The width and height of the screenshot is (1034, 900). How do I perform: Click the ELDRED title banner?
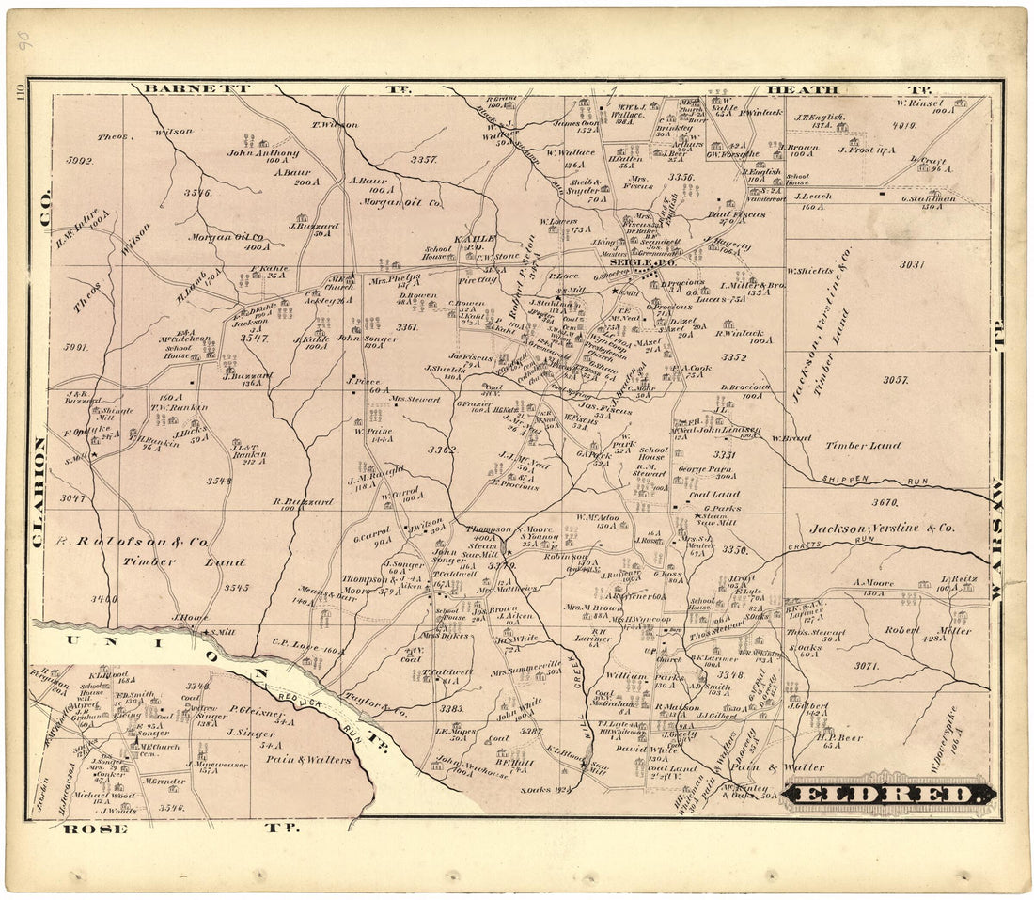click(888, 795)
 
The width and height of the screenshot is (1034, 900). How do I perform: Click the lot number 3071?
click(865, 666)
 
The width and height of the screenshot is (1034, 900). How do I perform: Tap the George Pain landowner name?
click(705, 467)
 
